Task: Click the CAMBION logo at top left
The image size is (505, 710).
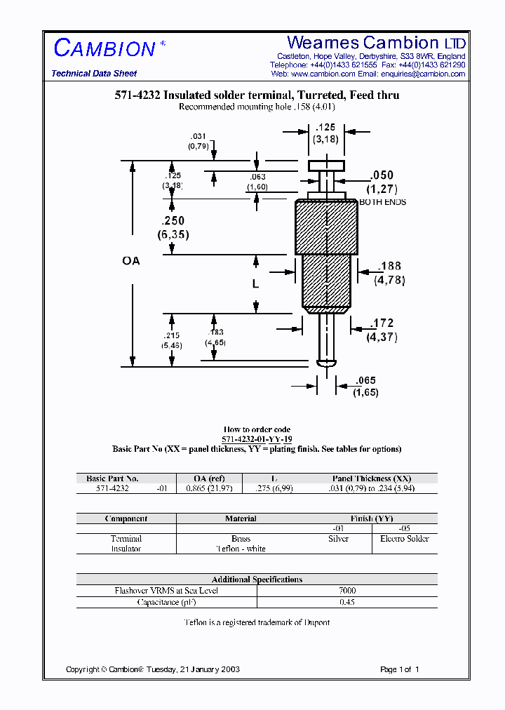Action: [x=105, y=48]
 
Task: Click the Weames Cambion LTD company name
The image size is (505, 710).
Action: [x=376, y=43]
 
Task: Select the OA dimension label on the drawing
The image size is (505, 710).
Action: [x=131, y=261]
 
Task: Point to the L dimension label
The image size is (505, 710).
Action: [x=256, y=284]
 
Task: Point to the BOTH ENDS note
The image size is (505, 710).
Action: [x=382, y=202]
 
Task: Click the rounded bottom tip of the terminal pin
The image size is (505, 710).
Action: [x=326, y=363]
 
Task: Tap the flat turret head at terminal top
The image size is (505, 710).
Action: [x=326, y=166]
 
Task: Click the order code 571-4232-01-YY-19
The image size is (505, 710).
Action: [x=257, y=438]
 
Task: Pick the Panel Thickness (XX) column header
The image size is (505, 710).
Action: [x=372, y=478]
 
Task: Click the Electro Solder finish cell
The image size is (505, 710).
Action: [x=404, y=539]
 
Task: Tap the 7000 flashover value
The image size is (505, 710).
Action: [x=346, y=591]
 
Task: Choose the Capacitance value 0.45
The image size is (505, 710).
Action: [x=346, y=602]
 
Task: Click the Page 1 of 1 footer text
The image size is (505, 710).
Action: [x=399, y=669]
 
